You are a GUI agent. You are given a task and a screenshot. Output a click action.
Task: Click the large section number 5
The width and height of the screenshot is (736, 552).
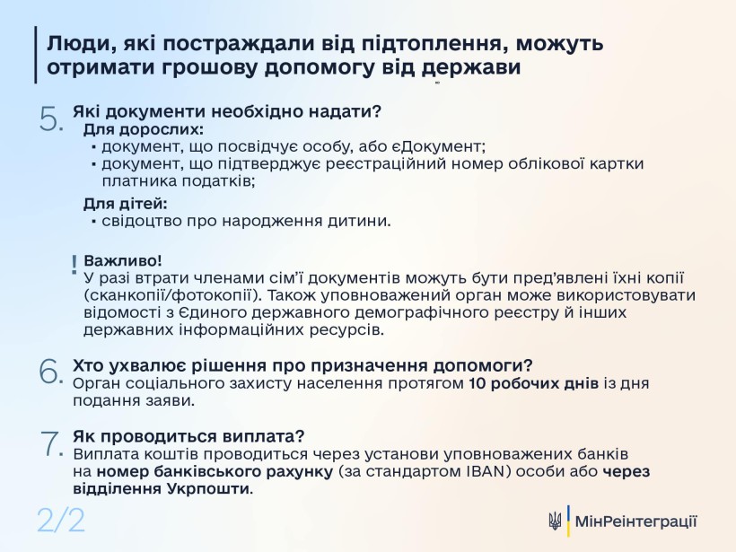tap(50, 118)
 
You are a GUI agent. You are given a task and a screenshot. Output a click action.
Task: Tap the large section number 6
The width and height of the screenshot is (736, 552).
tap(50, 372)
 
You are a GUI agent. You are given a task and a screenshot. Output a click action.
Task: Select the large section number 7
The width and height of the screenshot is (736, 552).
tap(50, 443)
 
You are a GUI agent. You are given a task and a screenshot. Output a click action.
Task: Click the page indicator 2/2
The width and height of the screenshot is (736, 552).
tap(61, 520)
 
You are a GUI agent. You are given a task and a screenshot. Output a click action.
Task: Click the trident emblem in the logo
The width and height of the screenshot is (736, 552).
tap(555, 521)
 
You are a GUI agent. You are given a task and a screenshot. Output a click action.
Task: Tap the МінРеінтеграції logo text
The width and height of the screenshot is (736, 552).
tap(636, 521)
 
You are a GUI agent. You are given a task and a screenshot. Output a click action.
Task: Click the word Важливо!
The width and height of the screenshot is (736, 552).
tap(123, 260)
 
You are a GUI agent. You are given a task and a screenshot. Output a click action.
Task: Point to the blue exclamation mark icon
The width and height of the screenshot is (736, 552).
tap(74, 265)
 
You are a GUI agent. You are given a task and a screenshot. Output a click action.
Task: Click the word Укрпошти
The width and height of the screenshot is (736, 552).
tap(207, 489)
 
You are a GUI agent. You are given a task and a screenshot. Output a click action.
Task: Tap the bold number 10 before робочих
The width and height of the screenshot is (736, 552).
tap(478, 383)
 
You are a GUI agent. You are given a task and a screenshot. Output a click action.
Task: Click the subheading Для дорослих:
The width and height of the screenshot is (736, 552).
tap(144, 129)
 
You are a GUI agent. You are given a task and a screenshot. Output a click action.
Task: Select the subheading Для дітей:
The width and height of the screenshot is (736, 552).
tap(126, 204)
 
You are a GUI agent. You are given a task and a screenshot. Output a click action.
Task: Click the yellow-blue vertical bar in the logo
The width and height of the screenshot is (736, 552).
tap(568, 521)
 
